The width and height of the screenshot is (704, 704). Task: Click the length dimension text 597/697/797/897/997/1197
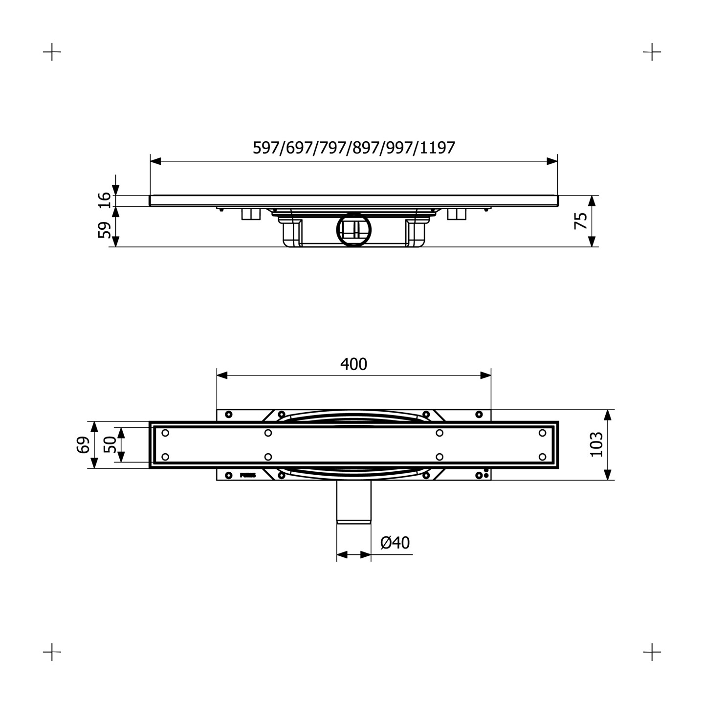(353, 148)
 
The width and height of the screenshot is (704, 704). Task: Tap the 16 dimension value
(105, 200)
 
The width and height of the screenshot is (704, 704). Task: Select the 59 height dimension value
(105, 230)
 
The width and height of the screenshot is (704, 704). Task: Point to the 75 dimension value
(581, 220)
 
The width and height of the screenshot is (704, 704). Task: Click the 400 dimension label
(353, 364)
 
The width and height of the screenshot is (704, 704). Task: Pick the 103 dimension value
(596, 444)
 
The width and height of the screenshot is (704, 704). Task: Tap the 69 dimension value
(83, 444)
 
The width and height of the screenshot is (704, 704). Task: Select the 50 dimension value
(110, 444)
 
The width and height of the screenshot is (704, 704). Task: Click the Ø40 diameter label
(395, 543)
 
